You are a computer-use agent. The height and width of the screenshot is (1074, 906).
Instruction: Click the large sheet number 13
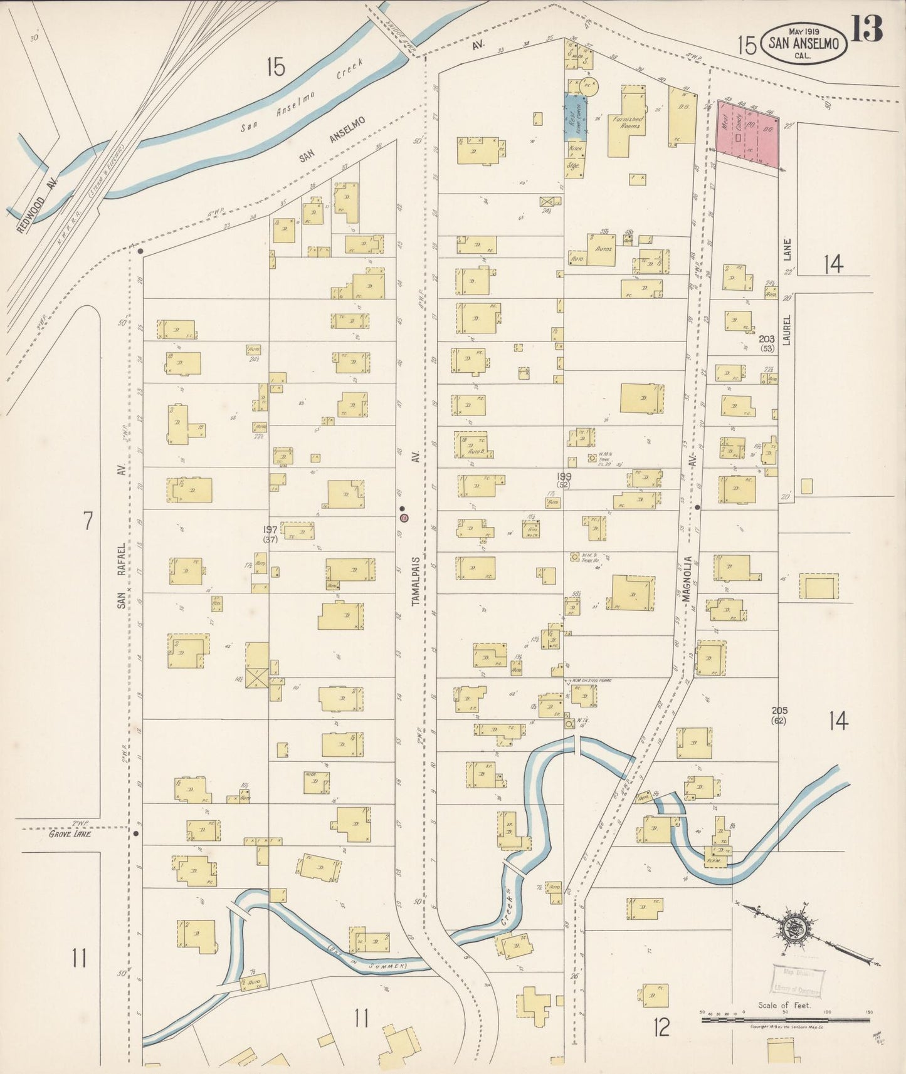click(868, 28)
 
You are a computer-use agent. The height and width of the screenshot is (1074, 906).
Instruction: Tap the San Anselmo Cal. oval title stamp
click(804, 43)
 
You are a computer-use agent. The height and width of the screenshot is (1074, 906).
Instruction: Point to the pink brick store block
click(747, 132)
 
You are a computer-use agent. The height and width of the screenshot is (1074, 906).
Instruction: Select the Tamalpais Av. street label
click(416, 573)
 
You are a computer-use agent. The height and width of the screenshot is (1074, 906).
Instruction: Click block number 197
click(270, 529)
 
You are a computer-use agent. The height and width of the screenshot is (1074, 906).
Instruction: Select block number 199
click(564, 477)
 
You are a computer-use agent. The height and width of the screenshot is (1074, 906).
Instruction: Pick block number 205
click(779, 711)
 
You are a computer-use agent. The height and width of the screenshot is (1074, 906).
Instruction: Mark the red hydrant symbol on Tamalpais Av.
click(404, 518)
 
